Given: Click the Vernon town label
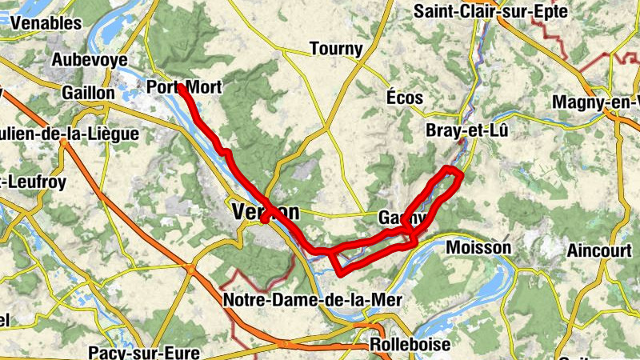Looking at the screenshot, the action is (x=265, y=212).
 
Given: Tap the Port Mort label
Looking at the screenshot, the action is (x=184, y=87).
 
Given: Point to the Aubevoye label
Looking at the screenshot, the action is (x=90, y=59).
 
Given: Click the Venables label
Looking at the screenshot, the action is (x=46, y=23).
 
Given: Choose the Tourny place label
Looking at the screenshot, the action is (x=336, y=49).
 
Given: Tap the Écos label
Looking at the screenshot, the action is (x=404, y=97).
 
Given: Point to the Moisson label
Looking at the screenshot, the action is (x=478, y=247).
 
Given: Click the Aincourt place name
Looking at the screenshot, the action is (x=599, y=250).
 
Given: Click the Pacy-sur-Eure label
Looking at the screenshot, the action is (x=134, y=351).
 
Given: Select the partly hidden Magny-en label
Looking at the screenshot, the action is (x=597, y=102).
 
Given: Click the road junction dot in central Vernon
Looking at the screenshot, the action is (x=264, y=222).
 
